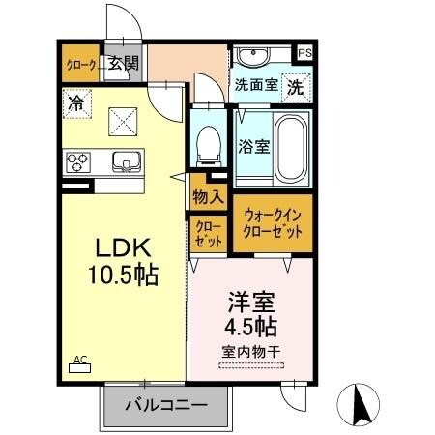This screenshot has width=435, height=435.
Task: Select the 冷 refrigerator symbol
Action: coord(74,100)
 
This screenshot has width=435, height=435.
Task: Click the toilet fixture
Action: coord(206,145)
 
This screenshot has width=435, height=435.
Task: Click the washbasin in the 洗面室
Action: coord(256,57)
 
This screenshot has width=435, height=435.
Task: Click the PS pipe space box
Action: coord(305,53)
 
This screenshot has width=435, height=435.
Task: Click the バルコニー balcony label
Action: coord(165,405)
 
